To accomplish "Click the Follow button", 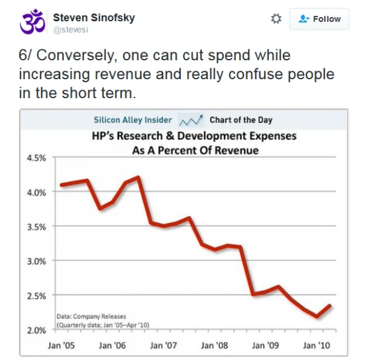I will (x=319, y=19).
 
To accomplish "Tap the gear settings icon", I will (x=276, y=19).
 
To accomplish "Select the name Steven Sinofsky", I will (x=94, y=17).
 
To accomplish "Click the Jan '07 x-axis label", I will (x=163, y=345).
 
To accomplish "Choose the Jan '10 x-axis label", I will (x=316, y=345).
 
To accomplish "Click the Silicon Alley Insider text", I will (x=133, y=119).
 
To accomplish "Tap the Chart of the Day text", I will (x=241, y=119).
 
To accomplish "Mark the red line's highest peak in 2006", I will (x=139, y=177).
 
